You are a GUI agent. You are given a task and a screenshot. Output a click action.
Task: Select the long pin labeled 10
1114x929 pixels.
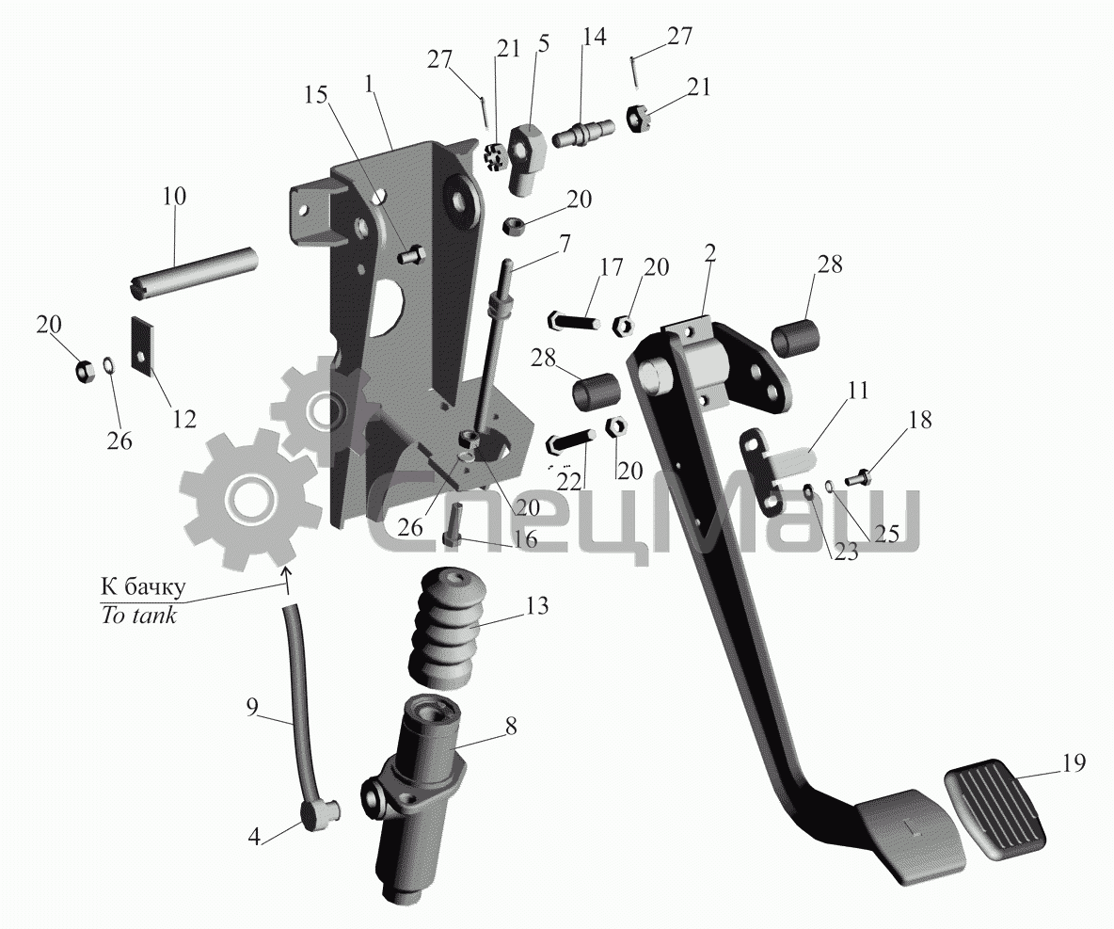[192, 268]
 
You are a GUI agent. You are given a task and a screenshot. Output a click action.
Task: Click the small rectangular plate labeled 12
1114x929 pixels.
[144, 344]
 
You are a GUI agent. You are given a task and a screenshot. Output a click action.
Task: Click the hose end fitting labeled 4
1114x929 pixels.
[318, 813]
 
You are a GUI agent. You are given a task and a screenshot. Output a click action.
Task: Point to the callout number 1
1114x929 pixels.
[370, 83]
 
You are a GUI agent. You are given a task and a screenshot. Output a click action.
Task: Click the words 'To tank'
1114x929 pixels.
[138, 614]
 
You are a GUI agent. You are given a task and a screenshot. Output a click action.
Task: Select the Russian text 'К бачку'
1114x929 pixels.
[144, 586]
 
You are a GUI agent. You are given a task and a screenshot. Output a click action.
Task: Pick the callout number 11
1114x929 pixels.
[858, 391]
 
